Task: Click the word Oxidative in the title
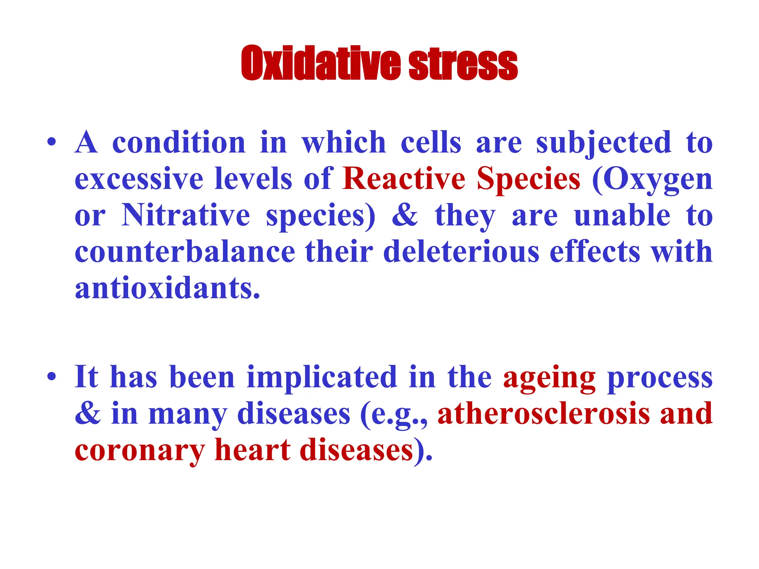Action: coord(321,64)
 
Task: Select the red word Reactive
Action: coord(404,179)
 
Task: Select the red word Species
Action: coord(528,179)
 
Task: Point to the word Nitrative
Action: coord(186,215)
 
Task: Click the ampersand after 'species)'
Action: coord(405,215)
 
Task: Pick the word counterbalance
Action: coord(185,252)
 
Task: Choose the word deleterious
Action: coord(461,252)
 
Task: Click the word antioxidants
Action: coord(168,289)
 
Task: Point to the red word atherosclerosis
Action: coord(544,414)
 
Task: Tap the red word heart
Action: coord(253,450)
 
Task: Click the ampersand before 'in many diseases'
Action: coord(87,414)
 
